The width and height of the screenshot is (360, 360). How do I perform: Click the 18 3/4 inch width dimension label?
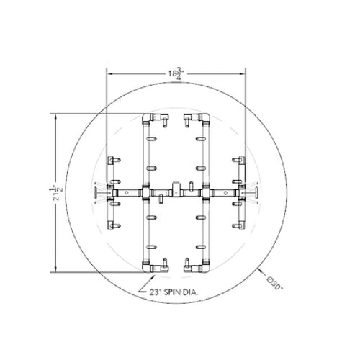click(x=176, y=73)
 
